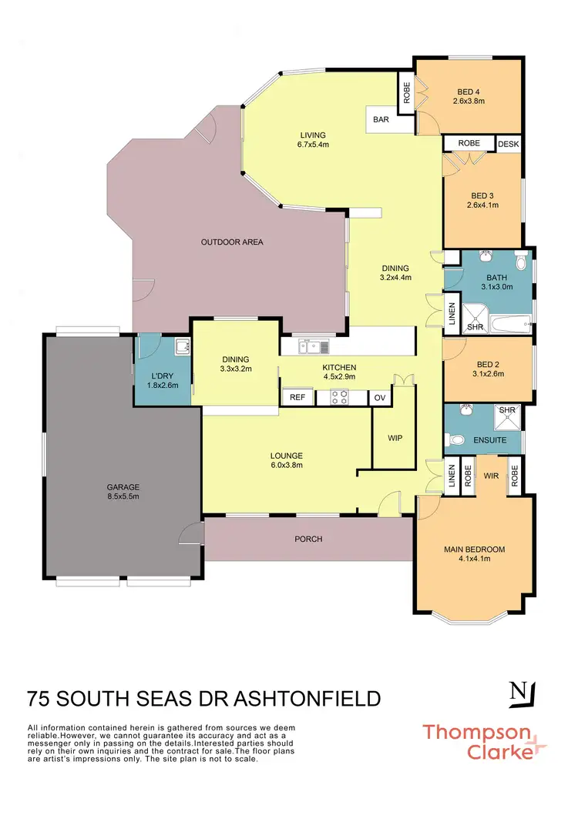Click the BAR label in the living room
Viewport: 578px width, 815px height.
381,120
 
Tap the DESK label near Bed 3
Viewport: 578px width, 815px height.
508,143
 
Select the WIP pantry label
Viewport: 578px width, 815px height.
395,438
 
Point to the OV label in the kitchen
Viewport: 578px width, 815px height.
379,397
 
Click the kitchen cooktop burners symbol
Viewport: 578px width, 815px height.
340,397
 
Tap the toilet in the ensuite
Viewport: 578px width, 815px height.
456,441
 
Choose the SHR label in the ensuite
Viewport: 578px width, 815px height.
507,411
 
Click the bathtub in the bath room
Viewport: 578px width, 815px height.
508,326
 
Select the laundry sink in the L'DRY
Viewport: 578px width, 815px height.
182,349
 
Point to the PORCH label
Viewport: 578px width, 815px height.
308,539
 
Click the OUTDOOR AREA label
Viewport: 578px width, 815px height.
232,242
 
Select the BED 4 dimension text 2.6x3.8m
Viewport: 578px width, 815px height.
469,101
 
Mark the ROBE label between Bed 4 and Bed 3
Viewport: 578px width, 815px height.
469,143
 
